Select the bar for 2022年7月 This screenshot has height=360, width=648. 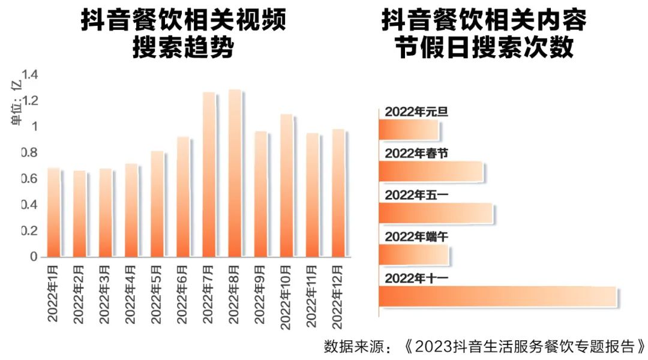[x=209, y=175]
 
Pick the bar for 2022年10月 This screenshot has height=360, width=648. [x=287, y=186]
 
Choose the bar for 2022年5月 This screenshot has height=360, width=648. [x=157, y=205]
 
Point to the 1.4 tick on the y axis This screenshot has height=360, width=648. [x=30, y=75]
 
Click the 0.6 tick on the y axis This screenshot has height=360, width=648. [x=30, y=179]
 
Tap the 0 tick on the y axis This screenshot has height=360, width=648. [x=34, y=257]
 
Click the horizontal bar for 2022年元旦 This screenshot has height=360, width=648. [x=409, y=130]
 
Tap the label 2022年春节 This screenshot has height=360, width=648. [x=416, y=153]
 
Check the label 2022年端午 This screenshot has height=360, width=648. [x=416, y=236]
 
